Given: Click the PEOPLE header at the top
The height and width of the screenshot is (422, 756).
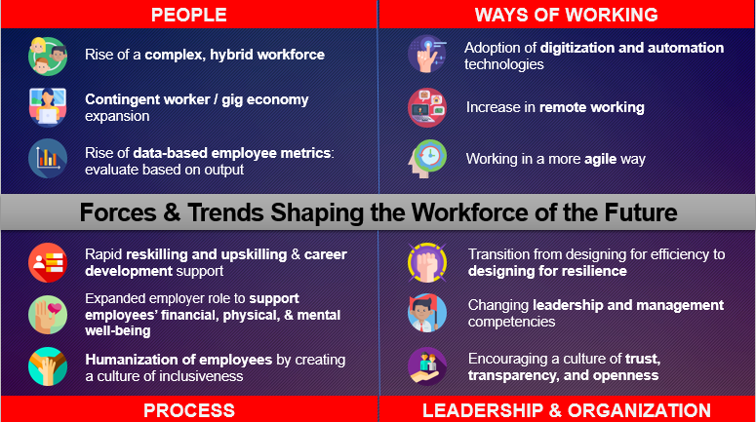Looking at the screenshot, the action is click(x=188, y=15).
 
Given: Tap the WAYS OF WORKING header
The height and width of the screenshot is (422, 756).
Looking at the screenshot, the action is click(x=566, y=15).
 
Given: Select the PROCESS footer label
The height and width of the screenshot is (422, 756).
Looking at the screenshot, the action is click(x=189, y=410).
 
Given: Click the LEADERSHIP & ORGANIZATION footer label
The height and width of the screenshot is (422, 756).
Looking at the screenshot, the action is click(x=567, y=410).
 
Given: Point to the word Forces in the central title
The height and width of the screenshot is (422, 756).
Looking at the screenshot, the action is click(x=118, y=212).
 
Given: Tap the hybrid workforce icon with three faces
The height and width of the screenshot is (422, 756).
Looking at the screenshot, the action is click(x=47, y=56).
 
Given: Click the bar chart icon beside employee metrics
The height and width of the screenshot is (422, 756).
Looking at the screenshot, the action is click(x=47, y=159).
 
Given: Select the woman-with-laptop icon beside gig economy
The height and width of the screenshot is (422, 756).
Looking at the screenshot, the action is click(x=47, y=107).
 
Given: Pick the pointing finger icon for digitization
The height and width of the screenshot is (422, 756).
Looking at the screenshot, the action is click(x=427, y=54).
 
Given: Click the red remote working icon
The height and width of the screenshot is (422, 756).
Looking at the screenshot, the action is click(x=427, y=107).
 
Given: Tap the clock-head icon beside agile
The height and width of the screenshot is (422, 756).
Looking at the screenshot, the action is click(x=427, y=159).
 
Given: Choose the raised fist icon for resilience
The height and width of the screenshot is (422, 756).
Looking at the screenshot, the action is click(x=427, y=262).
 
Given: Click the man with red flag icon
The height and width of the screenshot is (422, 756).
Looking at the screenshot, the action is click(x=427, y=313).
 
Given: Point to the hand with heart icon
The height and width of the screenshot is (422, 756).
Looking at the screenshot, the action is click(x=47, y=315).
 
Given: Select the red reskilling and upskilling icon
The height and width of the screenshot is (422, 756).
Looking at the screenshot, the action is click(x=47, y=262).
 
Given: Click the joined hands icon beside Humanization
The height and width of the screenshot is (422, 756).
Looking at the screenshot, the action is click(x=47, y=366).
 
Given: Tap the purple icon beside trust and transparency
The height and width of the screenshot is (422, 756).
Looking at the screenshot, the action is click(x=427, y=366).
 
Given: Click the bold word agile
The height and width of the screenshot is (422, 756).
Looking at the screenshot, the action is click(x=600, y=159).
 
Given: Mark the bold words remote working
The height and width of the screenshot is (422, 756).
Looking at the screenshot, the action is click(x=591, y=107).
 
